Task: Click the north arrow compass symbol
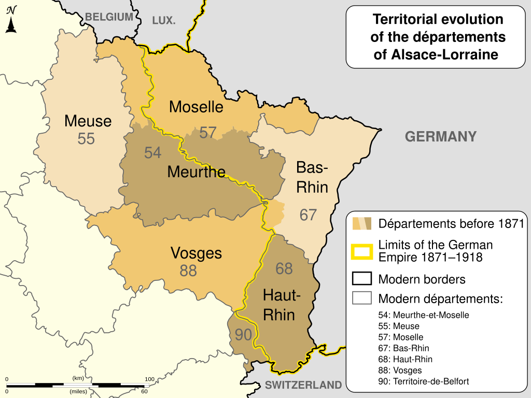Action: tap(11, 20)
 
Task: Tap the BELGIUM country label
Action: tap(109, 17)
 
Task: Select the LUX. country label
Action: tap(164, 21)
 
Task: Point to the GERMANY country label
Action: tap(440, 137)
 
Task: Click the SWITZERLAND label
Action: tap(303, 385)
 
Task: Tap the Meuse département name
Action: tap(88, 121)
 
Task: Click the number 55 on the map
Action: tap(86, 139)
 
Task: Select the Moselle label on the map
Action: tap(196, 107)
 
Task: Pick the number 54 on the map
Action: tap(152, 153)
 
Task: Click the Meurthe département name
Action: tap(196, 172)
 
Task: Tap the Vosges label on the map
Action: tap(196, 253)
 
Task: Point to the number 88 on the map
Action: tap(188, 271)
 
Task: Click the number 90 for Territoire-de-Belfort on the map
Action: tap(243, 335)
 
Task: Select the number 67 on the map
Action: tap(308, 215)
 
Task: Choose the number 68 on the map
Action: tap(284, 268)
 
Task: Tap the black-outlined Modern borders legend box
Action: tap(362, 279)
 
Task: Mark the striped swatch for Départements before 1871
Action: tap(362, 224)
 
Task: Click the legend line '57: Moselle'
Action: tap(401, 337)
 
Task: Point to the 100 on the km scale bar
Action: tap(149, 379)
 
